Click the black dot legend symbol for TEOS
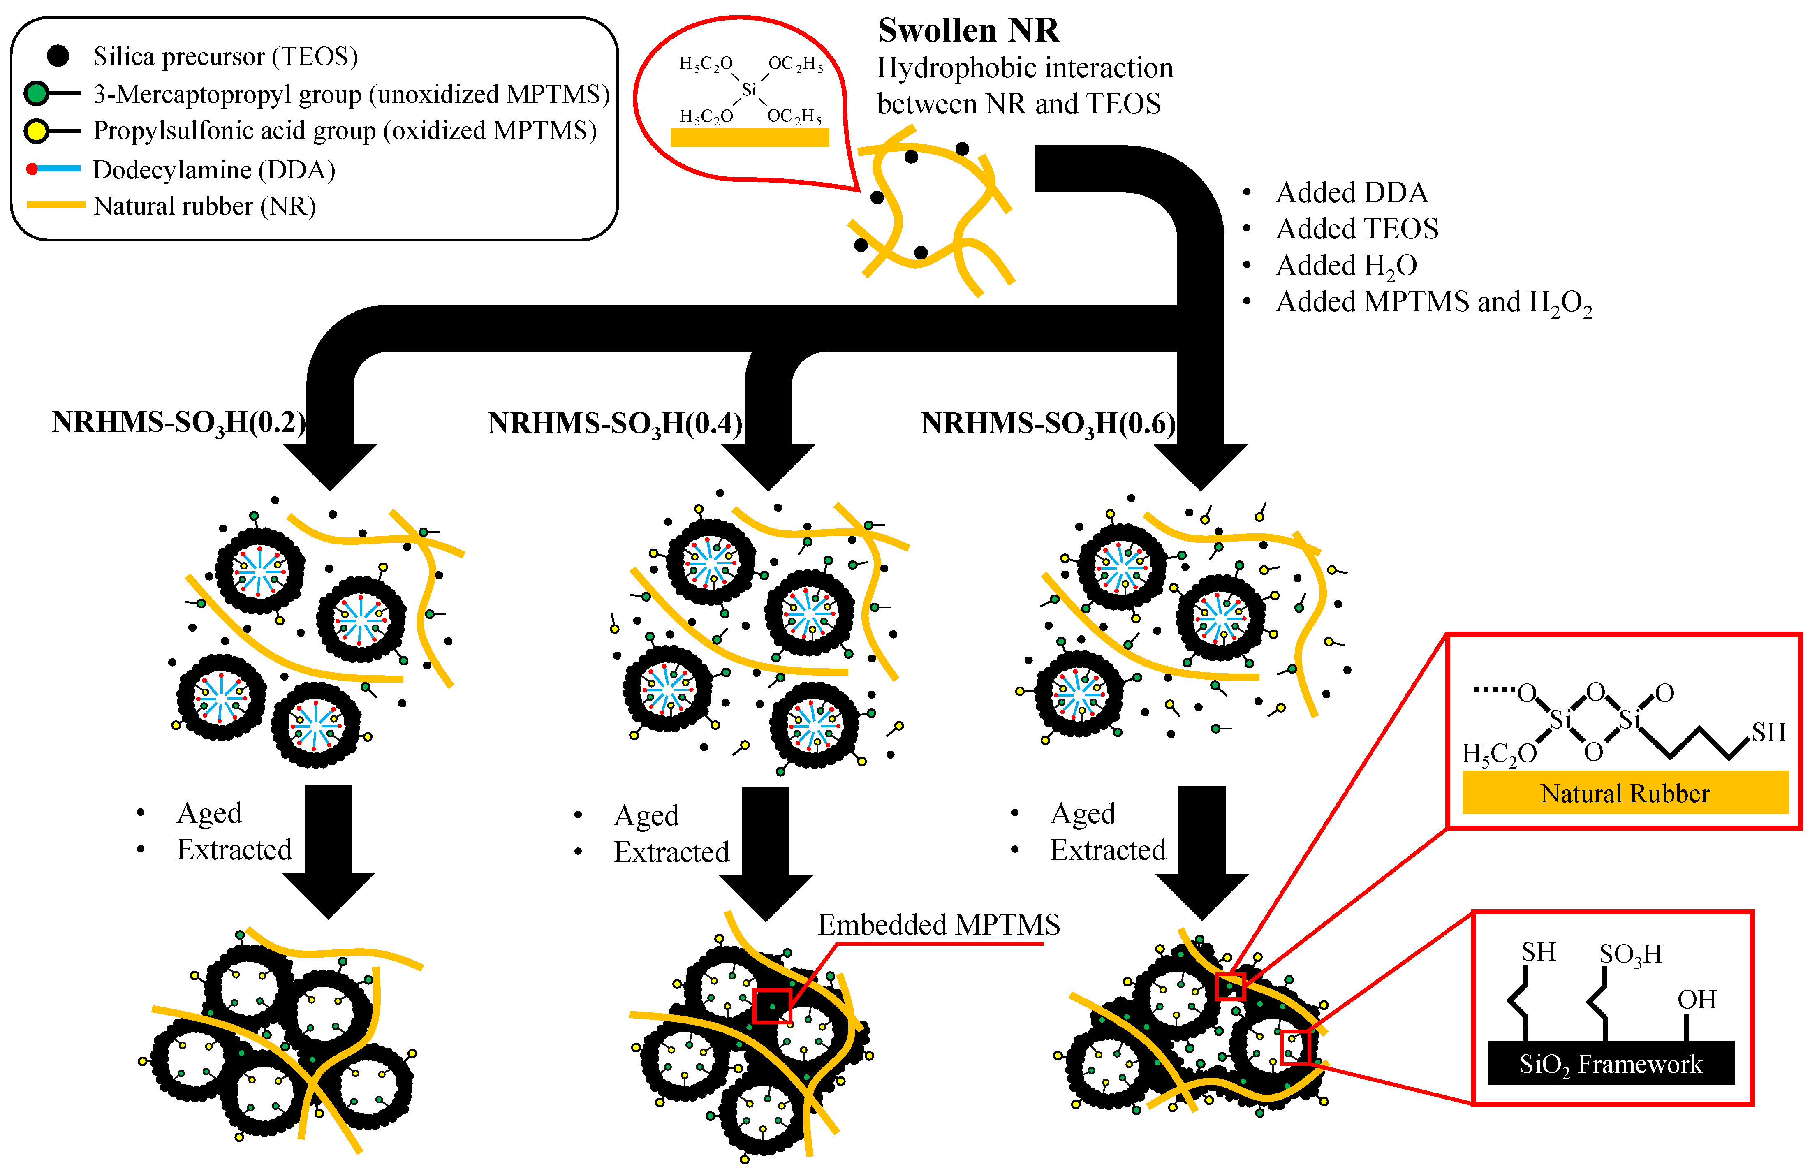(58, 56)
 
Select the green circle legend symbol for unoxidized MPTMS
(36, 94)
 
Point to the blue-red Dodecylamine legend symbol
(53, 169)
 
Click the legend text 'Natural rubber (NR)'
(205, 206)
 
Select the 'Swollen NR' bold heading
(968, 30)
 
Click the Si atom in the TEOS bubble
(749, 90)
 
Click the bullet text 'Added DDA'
(1351, 192)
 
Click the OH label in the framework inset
(1697, 1000)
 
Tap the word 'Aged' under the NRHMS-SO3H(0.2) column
(209, 813)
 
